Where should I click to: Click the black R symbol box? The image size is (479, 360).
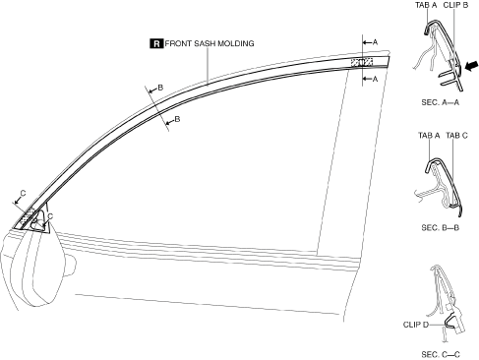point(156,43)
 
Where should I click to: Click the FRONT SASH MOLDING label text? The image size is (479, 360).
point(210,43)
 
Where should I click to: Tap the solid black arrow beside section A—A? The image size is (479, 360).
point(471,66)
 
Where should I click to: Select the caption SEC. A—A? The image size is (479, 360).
point(441,102)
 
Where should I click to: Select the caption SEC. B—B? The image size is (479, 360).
point(441,227)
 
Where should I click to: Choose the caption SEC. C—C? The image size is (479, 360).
point(441,354)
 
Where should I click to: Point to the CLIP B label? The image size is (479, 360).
point(455,5)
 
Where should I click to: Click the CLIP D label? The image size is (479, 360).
point(416,325)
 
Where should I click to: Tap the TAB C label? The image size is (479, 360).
point(456,136)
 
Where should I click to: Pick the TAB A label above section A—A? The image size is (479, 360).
point(426,5)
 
